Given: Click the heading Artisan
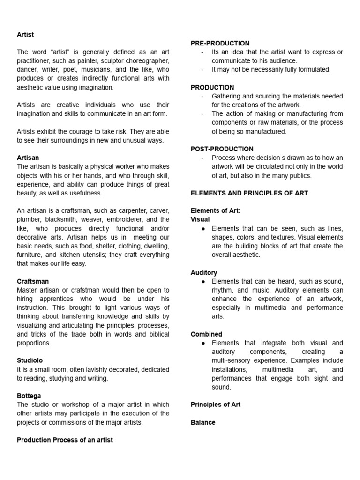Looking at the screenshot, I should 28,157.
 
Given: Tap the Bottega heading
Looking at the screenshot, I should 29,396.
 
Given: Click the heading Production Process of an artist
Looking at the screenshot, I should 65,440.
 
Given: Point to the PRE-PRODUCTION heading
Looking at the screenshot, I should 220,43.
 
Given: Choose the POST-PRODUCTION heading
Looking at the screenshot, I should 222,149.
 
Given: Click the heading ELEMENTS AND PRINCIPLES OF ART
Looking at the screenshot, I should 249,193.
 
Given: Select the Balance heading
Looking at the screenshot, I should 203,422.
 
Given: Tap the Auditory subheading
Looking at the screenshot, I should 204,272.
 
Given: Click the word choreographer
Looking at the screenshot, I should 145,61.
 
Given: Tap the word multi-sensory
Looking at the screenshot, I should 232,360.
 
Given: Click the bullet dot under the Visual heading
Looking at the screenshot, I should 202,228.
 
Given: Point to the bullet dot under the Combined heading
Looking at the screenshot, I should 202,343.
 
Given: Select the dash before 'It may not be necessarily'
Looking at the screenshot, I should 202,69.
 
